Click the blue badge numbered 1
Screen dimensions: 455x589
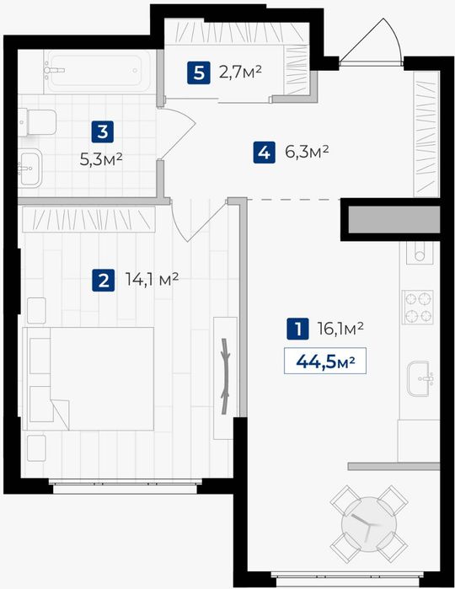(297, 329)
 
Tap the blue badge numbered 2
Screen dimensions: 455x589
(104, 281)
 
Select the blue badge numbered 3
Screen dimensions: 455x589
(103, 131)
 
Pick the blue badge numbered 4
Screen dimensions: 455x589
(264, 153)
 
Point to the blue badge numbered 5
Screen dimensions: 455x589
(198, 72)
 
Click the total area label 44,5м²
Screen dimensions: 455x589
(325, 361)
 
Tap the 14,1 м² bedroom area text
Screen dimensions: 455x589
(152, 280)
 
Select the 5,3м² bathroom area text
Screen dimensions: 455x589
(101, 160)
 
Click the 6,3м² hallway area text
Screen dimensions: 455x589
(307, 152)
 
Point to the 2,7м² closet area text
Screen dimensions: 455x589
(240, 72)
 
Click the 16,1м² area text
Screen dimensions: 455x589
(340, 329)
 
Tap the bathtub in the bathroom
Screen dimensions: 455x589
(99, 72)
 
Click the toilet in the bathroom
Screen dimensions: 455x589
(38, 122)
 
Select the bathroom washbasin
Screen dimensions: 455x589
(30, 168)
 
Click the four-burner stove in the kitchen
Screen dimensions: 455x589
(417, 307)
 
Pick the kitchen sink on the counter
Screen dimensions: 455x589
(420, 378)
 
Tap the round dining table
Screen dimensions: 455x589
(369, 524)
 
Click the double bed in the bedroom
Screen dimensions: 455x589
(88, 378)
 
